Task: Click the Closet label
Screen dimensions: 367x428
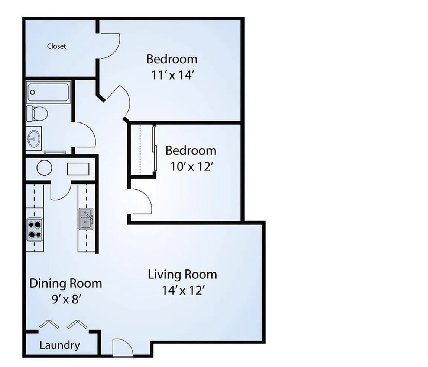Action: [x=56, y=46]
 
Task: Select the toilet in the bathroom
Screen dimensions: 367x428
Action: [x=36, y=113]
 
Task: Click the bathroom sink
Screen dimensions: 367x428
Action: [x=33, y=139]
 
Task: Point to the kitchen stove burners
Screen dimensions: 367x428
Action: [x=35, y=229]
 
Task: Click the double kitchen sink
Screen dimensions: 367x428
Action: [x=85, y=219]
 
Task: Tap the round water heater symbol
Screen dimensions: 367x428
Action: [x=44, y=168]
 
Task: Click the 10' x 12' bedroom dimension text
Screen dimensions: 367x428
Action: [x=191, y=166]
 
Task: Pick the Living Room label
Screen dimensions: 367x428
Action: [x=182, y=275]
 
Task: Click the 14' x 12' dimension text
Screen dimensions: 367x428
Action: [x=183, y=290]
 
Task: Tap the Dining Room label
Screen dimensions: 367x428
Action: [x=65, y=283]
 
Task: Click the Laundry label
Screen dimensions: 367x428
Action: [x=59, y=345]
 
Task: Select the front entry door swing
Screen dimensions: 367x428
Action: [x=122, y=348]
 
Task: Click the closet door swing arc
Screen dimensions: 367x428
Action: [x=110, y=45]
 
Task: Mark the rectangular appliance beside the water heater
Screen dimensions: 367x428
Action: [x=78, y=169]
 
